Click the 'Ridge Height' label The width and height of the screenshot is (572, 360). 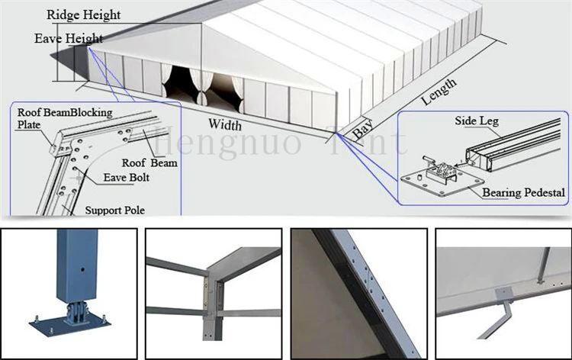[x=83, y=14]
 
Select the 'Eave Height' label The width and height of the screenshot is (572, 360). [x=69, y=38]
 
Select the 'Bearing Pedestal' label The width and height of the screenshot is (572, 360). [x=522, y=193]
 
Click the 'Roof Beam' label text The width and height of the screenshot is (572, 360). [x=149, y=162]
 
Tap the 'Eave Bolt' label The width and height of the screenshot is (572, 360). [x=127, y=178]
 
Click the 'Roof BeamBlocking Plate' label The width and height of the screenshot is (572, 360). [x=65, y=118]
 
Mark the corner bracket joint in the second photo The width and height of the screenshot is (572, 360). [x=213, y=291]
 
